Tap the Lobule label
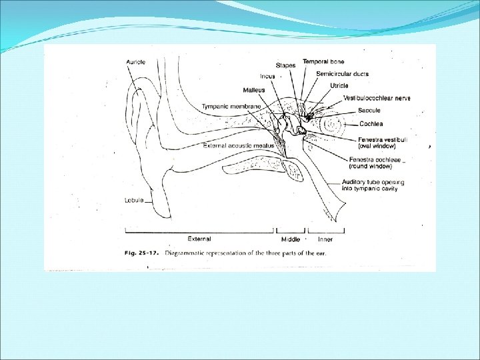(x=133, y=200)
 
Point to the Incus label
(x=269, y=76)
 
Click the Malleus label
(x=254, y=90)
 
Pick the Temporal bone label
(x=324, y=61)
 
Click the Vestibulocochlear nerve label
(x=377, y=98)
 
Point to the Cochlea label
(x=371, y=124)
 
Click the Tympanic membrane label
(x=231, y=107)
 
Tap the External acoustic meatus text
(x=231, y=145)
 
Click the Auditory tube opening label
(x=382, y=185)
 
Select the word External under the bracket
(x=199, y=239)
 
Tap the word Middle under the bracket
(x=290, y=239)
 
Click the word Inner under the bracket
(x=325, y=239)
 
